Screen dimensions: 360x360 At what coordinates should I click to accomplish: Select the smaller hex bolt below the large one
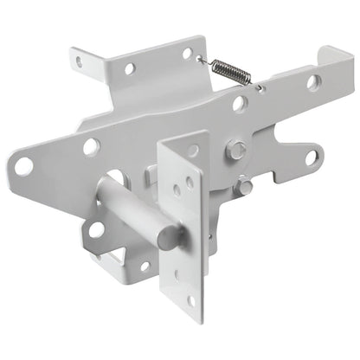point(247,186)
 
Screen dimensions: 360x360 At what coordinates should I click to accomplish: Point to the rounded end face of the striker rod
point(170,234)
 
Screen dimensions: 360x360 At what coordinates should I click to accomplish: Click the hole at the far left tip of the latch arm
point(24,164)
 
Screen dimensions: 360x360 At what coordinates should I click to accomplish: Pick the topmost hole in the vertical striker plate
point(192,151)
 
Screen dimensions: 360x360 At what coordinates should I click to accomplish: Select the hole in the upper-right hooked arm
point(312,82)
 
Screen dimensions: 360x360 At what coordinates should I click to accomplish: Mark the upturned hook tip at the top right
point(331,54)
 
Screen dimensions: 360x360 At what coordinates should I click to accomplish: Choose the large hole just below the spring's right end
point(240,104)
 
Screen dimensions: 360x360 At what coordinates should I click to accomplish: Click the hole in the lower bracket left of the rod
point(95,229)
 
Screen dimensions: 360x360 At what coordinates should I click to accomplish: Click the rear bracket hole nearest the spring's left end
point(186,54)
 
